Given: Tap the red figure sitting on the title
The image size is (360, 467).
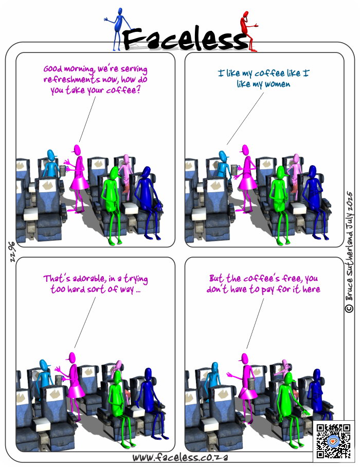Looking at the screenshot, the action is coord(248,31).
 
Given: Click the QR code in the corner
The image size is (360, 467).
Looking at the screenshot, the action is coord(333,441).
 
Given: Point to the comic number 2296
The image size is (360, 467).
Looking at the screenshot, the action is coord(12,252).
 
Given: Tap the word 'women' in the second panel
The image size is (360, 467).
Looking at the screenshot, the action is coord(277,84).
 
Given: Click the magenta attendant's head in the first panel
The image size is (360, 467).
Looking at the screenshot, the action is coord(77,150).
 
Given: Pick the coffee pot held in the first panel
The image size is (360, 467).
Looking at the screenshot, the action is coord(63,170).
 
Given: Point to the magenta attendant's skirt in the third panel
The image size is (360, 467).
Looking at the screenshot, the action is coord(76,390).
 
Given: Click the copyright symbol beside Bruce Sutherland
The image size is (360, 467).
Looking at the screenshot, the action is coord(349,308).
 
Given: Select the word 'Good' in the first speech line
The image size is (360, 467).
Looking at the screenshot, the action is coord(52,69).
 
